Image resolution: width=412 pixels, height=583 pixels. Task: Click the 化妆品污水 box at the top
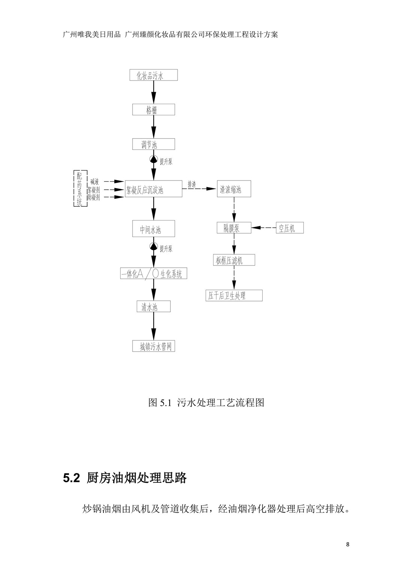click(x=154, y=75)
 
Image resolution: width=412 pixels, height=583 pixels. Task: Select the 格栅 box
click(x=154, y=110)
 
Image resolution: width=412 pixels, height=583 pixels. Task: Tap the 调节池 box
click(x=154, y=144)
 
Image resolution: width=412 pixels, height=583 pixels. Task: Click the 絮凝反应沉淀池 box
click(x=154, y=189)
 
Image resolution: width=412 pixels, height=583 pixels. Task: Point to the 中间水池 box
click(x=154, y=228)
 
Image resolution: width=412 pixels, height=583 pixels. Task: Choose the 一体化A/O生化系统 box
click(x=154, y=273)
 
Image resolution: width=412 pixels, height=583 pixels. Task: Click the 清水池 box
click(x=154, y=306)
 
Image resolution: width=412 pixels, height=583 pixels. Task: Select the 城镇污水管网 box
click(x=154, y=346)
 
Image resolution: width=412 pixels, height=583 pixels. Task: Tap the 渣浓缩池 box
click(x=234, y=189)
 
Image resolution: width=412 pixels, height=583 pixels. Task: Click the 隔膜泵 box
click(x=234, y=228)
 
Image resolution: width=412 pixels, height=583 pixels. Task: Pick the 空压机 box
click(x=290, y=228)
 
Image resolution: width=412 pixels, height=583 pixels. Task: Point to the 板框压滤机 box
click(x=234, y=260)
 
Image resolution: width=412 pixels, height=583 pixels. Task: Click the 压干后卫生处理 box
click(x=234, y=295)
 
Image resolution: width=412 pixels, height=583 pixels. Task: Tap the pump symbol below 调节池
click(x=154, y=159)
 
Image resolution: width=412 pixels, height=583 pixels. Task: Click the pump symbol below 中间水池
click(x=154, y=246)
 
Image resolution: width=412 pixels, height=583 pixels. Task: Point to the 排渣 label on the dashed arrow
click(x=192, y=184)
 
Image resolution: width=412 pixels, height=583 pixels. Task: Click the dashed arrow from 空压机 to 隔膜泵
click(x=264, y=228)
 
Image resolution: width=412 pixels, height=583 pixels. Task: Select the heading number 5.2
click(x=71, y=478)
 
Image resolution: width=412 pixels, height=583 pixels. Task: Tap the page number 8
click(x=348, y=544)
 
